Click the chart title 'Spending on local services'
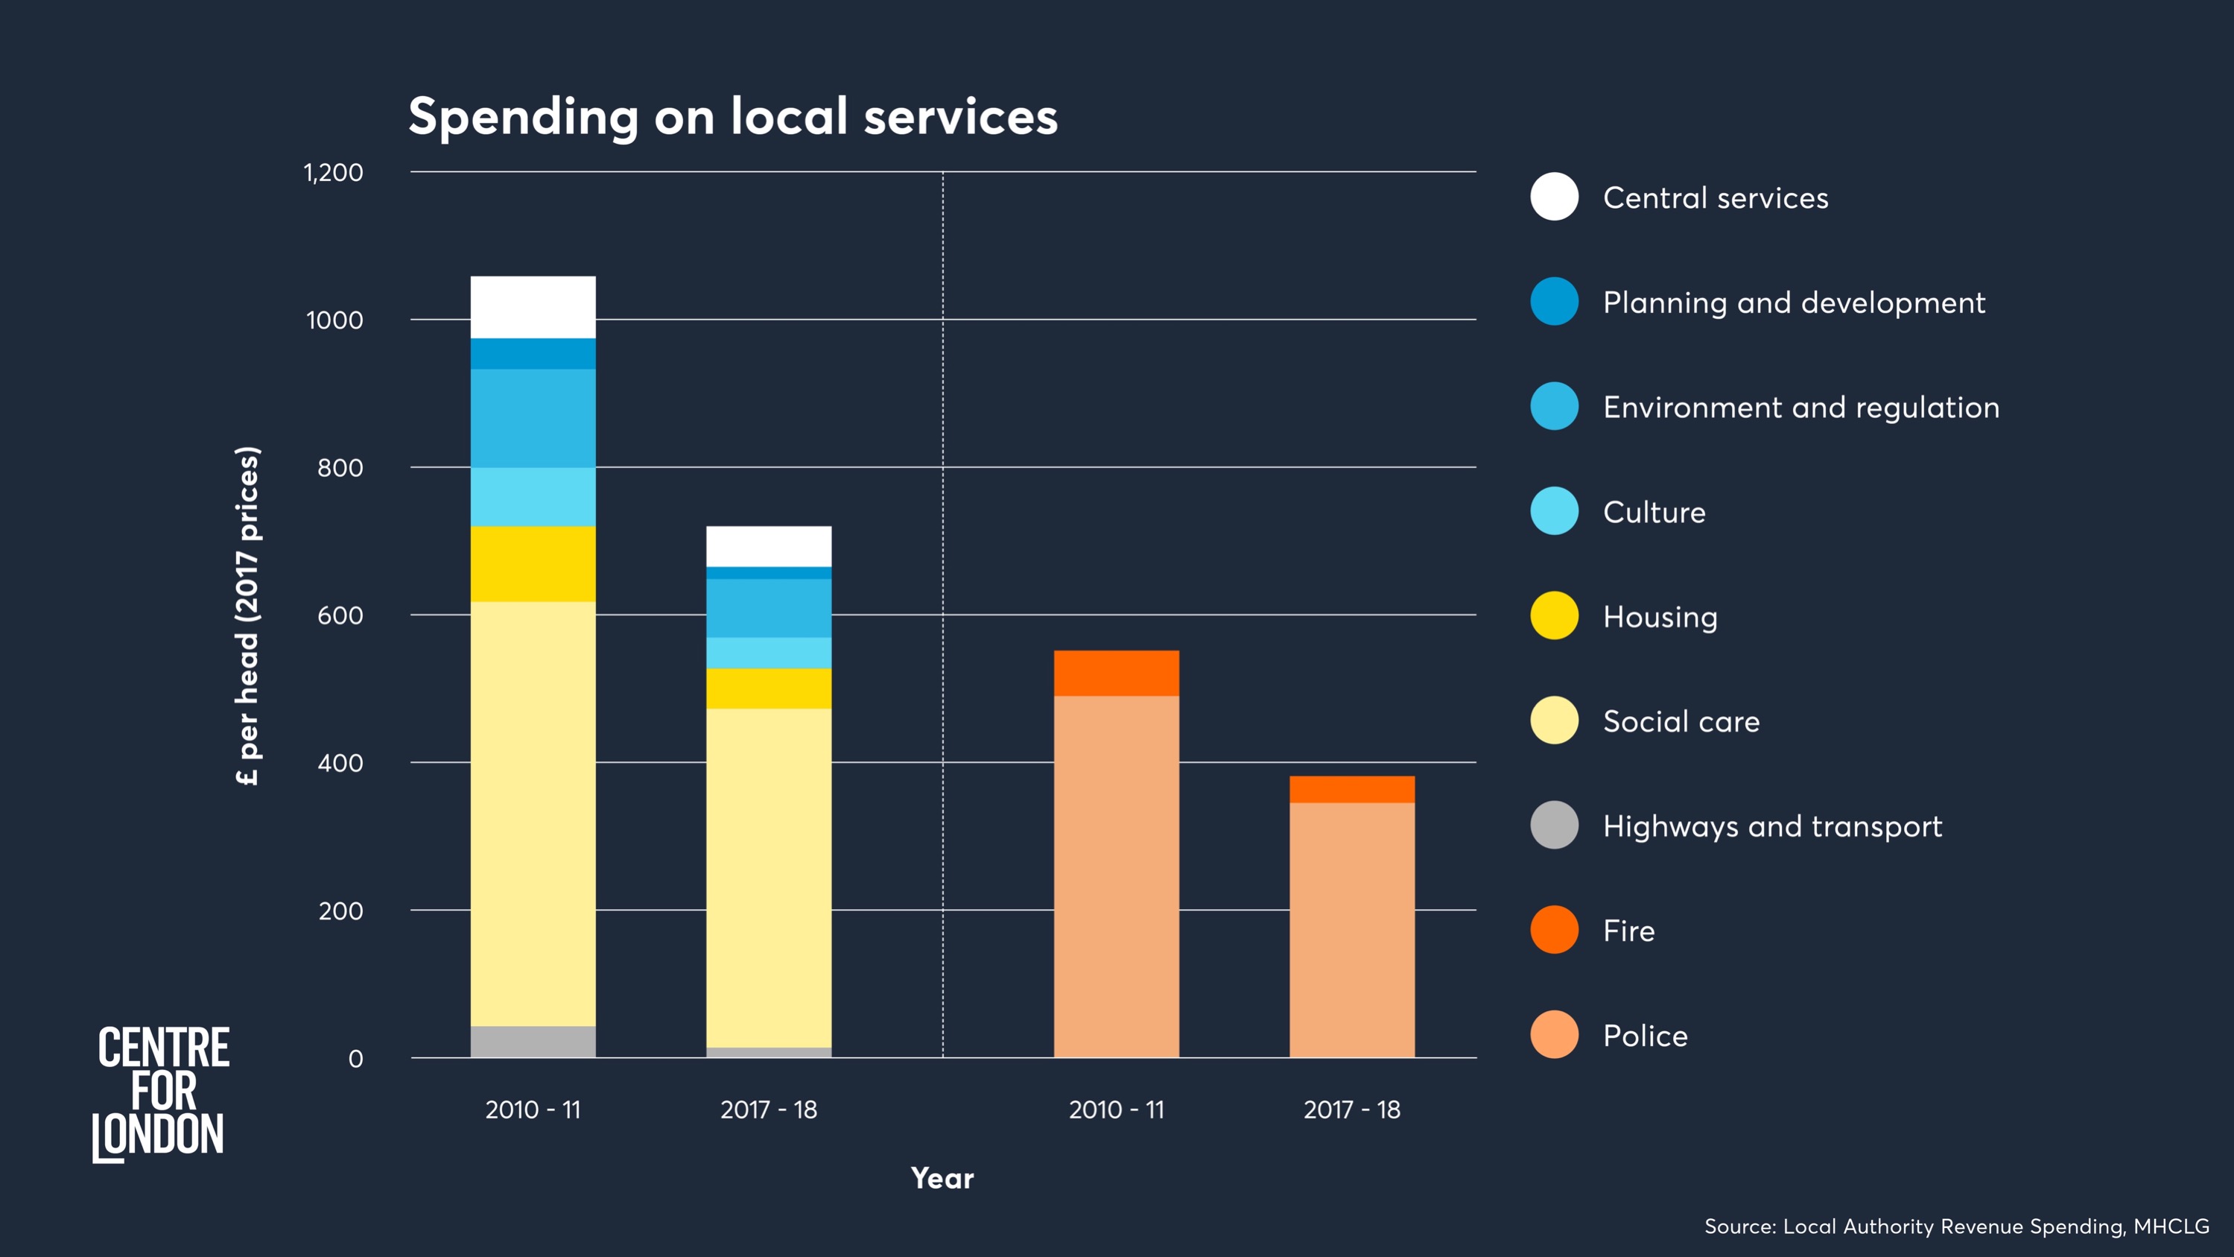(x=733, y=116)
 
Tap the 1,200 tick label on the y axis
(x=333, y=173)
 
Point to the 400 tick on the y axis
(x=340, y=764)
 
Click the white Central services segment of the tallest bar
(x=533, y=307)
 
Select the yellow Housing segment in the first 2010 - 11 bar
(x=533, y=564)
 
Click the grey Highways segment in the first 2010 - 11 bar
(x=533, y=1041)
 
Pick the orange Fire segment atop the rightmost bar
(x=1351, y=789)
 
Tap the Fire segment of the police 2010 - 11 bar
(x=1116, y=673)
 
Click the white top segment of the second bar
(x=768, y=546)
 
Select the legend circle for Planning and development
(x=1554, y=302)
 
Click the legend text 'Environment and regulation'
(x=1800, y=408)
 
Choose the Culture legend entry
(x=1653, y=512)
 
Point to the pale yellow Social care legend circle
(x=1554, y=720)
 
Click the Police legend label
(x=1644, y=1036)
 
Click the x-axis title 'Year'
(x=942, y=1178)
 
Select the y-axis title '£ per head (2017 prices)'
(x=248, y=616)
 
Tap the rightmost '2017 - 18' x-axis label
(x=1351, y=1109)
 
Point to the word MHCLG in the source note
(x=2171, y=1226)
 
